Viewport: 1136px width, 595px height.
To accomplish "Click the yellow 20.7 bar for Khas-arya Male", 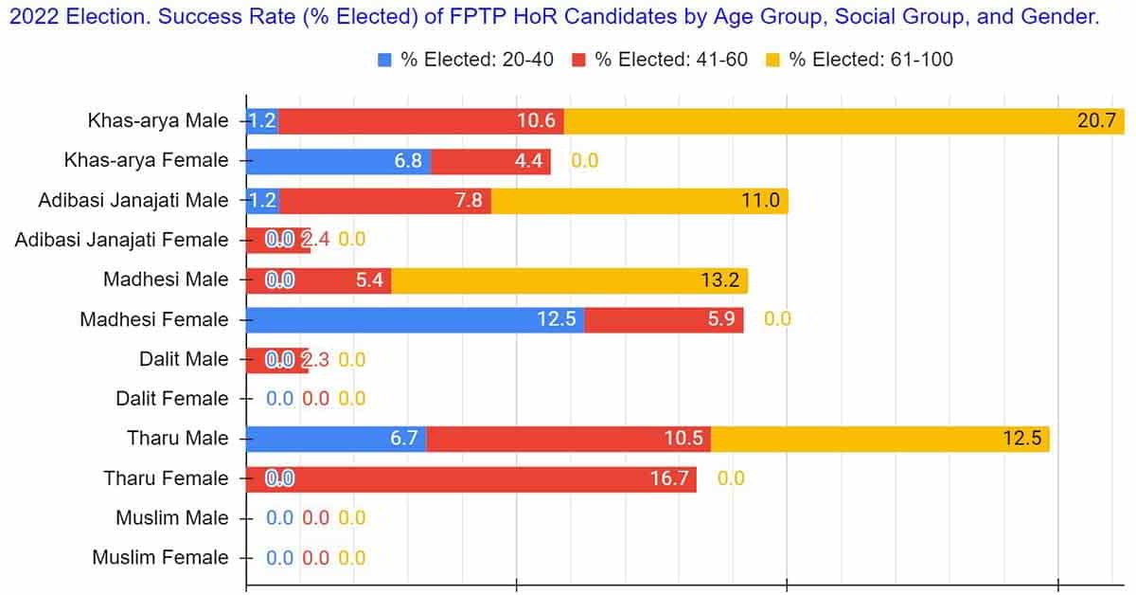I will tap(843, 121).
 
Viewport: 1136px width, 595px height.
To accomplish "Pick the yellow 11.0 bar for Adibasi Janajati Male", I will tap(639, 201).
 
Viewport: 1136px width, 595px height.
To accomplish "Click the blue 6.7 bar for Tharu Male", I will tap(336, 439).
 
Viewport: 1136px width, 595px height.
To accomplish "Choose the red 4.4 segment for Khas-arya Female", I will tap(490, 161).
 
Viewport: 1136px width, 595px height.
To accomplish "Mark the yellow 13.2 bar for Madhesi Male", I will tap(569, 280).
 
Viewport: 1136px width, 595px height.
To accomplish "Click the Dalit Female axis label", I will tap(172, 399).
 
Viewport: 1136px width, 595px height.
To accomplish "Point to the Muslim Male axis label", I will tap(172, 518).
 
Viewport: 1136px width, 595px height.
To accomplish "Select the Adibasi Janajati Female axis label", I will tap(121, 241).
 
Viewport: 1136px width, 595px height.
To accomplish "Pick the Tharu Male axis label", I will tap(178, 439).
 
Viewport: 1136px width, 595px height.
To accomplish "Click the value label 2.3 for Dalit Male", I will tap(314, 360).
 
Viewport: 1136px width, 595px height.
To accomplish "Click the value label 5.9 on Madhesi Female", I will tap(720, 319).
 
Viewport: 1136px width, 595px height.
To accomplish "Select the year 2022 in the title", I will tap(27, 17).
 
